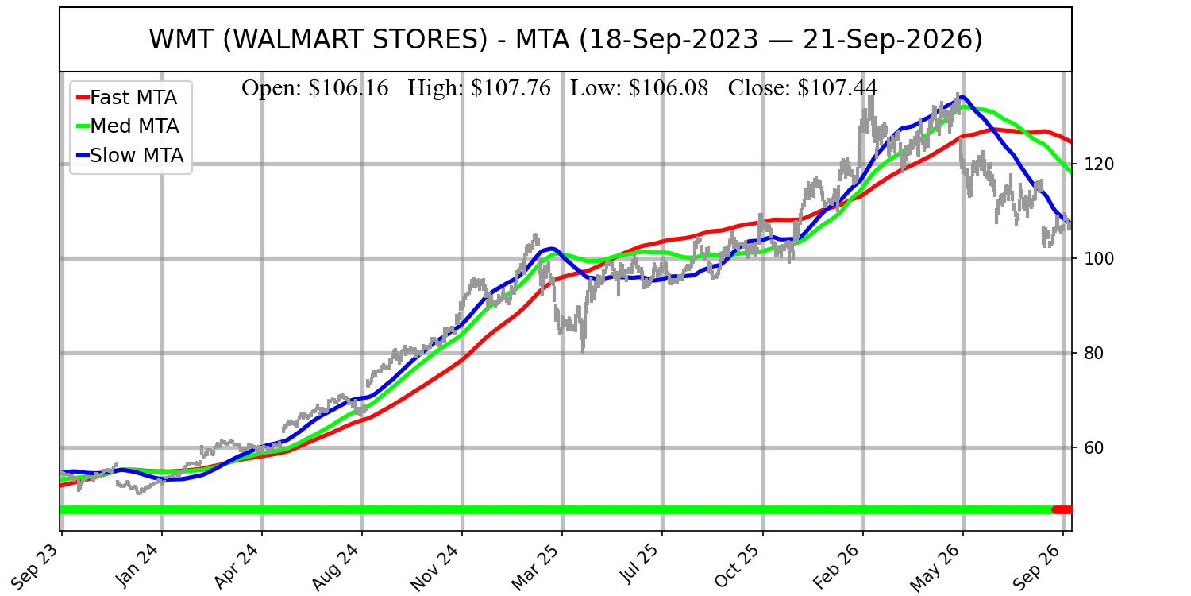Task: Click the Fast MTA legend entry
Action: tap(127, 98)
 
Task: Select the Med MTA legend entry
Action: tap(128, 126)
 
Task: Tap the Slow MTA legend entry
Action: tap(130, 156)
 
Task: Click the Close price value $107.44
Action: tap(838, 88)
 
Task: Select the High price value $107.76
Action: tap(511, 88)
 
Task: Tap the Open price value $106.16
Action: tap(349, 88)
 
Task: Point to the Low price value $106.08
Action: tap(669, 88)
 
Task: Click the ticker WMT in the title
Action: tap(181, 40)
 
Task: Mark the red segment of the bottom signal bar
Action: tap(1062, 510)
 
